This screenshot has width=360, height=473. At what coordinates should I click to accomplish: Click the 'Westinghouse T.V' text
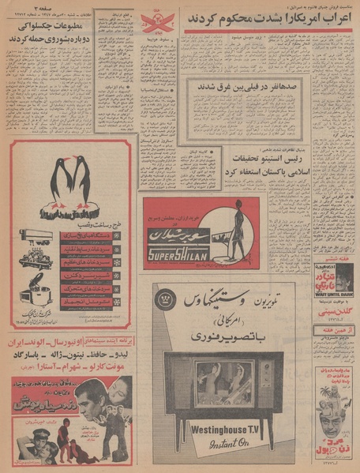tap(223, 430)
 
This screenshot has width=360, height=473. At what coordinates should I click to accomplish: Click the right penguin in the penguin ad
tap(82, 184)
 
